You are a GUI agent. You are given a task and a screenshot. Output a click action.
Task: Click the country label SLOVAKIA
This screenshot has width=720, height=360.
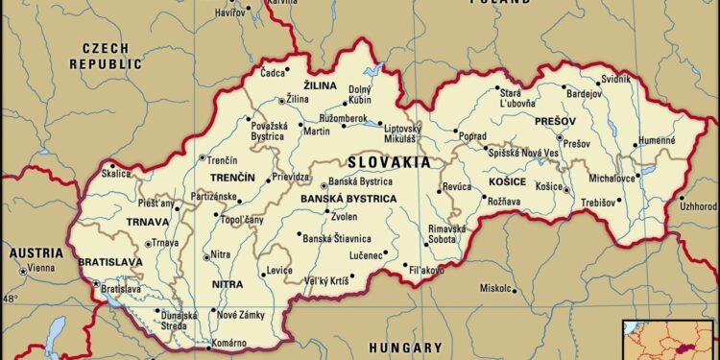tap(389, 162)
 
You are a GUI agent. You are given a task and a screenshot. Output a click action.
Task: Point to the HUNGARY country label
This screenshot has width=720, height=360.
tap(410, 348)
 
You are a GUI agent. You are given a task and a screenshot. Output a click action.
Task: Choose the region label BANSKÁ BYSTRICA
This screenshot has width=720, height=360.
tap(348, 199)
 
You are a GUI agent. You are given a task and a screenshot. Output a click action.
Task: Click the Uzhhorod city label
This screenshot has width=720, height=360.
tap(698, 206)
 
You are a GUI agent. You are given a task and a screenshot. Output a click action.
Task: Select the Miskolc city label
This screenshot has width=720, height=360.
tap(495, 288)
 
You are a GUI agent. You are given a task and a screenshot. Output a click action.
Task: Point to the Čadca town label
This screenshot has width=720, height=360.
tap(274, 72)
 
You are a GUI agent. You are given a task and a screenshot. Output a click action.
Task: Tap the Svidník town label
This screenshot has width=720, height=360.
tap(614, 78)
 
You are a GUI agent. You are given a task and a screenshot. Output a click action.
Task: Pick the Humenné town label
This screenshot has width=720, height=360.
tap(658, 140)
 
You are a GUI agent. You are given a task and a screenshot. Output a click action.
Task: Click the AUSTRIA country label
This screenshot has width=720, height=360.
tap(36, 252)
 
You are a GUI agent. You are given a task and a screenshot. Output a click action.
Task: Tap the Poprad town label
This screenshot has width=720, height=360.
tap(472, 137)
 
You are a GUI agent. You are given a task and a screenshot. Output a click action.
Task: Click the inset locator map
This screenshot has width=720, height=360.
tap(670, 340)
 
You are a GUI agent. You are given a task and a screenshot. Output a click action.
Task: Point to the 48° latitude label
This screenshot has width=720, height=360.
tap(10, 299)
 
